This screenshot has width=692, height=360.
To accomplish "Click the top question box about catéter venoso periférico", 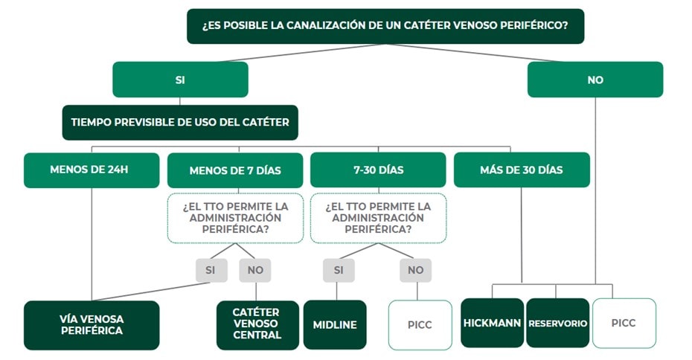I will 385,26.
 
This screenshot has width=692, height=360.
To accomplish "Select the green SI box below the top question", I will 180,80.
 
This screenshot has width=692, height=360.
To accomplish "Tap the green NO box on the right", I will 595,80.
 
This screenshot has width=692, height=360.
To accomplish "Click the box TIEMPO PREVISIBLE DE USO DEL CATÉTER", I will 180,122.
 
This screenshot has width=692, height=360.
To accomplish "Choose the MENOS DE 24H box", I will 92,170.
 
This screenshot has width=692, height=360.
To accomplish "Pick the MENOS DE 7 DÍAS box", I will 235,170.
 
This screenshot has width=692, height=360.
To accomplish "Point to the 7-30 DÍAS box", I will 378,170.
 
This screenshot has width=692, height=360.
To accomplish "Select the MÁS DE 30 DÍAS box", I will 521,170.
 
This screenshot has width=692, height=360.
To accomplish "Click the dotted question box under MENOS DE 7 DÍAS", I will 235,218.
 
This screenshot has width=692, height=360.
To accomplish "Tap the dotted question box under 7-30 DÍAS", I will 378,218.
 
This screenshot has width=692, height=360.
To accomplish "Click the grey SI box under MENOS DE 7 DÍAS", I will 211,270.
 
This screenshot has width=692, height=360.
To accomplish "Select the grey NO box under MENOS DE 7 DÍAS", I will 255,270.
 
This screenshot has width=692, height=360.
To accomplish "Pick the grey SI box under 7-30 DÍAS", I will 339,270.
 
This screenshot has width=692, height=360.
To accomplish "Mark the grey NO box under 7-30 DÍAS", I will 415,270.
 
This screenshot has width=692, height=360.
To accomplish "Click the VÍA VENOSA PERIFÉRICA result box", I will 92,324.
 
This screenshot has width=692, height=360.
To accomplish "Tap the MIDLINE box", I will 335,324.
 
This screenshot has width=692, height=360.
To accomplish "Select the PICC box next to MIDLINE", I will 420,324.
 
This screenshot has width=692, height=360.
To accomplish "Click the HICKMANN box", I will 492,323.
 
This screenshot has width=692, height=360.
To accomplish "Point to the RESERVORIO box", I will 557,323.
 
